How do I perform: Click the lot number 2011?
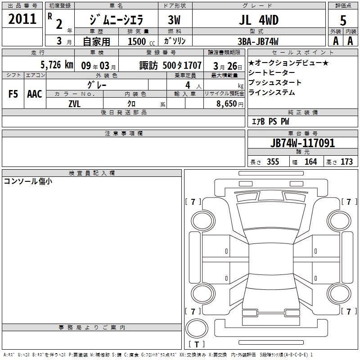tap(22, 18)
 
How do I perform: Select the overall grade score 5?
tap(343, 20)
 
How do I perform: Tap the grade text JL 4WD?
tap(259, 20)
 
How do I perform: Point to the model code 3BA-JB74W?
tap(258, 41)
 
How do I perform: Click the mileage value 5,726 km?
tap(57, 65)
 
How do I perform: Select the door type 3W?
tap(174, 20)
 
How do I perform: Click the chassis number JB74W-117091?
tap(302, 143)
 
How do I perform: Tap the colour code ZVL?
tap(74, 104)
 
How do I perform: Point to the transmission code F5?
tap(13, 94)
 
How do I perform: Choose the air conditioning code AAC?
tap(35, 94)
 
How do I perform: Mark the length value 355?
tap(273, 162)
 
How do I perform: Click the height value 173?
tap(346, 162)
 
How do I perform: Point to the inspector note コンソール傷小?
tap(28, 181)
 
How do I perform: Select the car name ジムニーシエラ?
tap(117, 20)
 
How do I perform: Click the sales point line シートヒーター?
tap(272, 72)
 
